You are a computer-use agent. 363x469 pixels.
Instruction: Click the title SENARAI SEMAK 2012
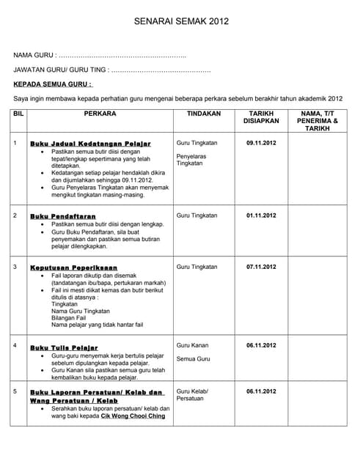tap(181, 23)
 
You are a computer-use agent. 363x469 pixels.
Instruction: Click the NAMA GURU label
tap(34, 56)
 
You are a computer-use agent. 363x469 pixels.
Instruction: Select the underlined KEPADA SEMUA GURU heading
tap(54, 84)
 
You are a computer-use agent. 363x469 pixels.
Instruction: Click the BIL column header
tap(19, 114)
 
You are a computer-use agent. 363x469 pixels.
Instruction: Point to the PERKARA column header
tap(100, 114)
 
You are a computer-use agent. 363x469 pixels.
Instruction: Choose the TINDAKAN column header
tap(204, 114)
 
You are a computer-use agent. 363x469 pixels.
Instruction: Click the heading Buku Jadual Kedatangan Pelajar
tap(90, 144)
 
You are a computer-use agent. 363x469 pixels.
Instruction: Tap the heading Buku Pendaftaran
tap(63, 217)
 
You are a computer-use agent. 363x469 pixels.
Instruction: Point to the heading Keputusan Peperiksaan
tap(73, 268)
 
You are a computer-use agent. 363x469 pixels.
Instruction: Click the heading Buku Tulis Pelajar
tap(64, 347)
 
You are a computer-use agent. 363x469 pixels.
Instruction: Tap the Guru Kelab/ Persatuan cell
tap(192, 395)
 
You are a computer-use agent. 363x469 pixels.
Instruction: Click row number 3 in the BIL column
tap(15, 267)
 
